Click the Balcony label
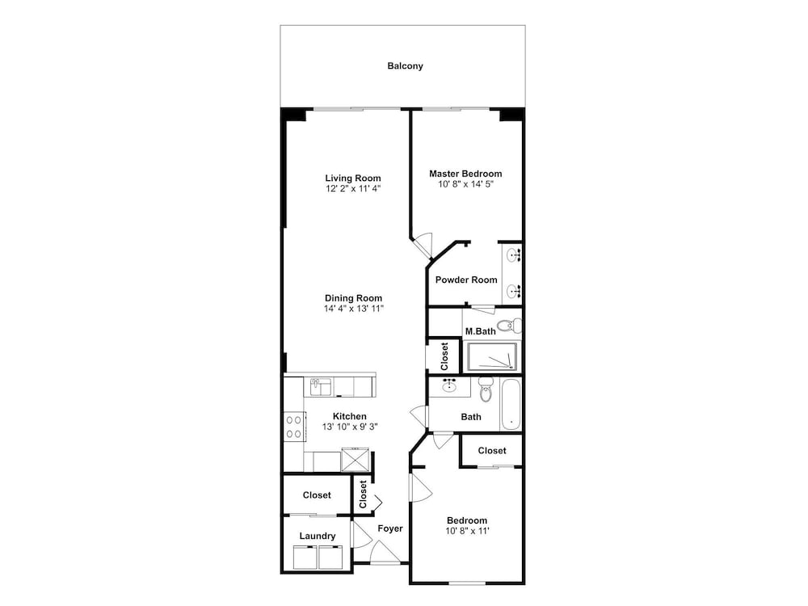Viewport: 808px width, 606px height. point(405,66)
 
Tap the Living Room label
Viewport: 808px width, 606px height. point(353,179)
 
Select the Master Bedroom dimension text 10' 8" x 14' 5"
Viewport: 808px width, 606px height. point(466,184)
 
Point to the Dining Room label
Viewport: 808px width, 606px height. point(354,298)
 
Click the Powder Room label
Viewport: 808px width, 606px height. point(466,280)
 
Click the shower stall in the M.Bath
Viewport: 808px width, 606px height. point(492,356)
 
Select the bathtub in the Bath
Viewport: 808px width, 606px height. point(511,405)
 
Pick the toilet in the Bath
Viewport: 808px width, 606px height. point(486,389)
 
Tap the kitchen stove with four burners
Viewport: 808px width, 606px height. point(294,427)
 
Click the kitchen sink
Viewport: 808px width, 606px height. point(321,386)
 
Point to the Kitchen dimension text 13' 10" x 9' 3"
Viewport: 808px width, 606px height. point(350,427)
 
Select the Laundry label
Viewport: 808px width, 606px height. point(318,536)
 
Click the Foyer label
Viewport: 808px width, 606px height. point(390,528)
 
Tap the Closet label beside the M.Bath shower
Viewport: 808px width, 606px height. point(444,356)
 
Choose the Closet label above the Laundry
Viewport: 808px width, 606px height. point(317,495)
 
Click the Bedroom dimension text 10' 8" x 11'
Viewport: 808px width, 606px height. point(467,531)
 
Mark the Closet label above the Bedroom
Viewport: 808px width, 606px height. point(492,450)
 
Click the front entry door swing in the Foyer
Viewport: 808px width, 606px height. point(385,553)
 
